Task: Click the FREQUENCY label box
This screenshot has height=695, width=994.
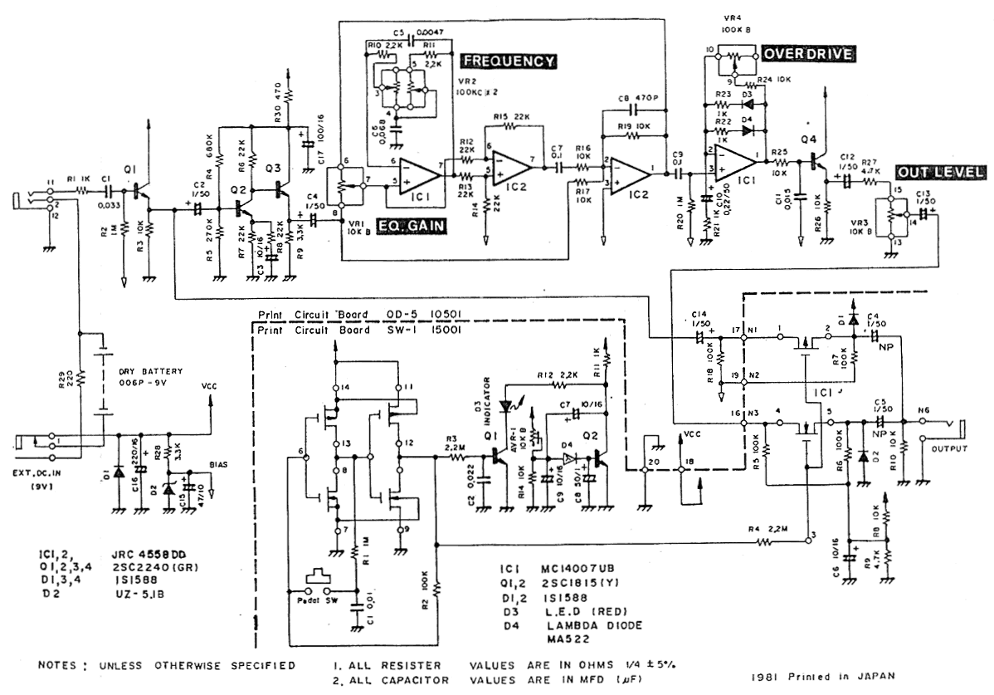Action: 508,61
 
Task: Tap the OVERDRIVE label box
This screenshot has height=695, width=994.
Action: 808,54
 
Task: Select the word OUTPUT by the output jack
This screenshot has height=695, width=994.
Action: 950,449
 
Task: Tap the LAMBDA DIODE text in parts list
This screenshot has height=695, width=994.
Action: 583,624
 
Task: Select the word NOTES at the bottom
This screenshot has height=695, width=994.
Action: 61,665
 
